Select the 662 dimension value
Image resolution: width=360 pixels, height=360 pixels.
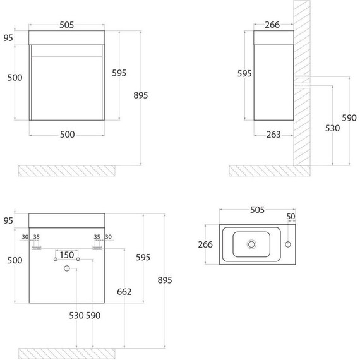(125, 292)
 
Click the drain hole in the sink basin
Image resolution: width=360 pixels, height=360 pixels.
(252, 243)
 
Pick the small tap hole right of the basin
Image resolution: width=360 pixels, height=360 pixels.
(288, 243)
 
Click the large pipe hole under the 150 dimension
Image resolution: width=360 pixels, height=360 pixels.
(66, 268)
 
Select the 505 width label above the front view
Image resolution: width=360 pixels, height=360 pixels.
(67, 25)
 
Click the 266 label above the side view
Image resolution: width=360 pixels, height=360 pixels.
(273, 25)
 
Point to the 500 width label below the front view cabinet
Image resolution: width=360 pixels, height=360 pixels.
(67, 134)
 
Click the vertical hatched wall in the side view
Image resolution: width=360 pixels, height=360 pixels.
(303, 88)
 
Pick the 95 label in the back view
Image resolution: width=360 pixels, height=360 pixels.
(8, 221)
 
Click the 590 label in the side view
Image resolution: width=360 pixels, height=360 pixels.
(349, 117)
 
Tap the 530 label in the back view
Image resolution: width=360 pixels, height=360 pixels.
(76, 316)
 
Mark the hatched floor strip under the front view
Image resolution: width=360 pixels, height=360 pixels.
(67, 169)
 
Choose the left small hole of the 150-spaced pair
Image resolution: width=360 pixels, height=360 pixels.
(55, 260)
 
